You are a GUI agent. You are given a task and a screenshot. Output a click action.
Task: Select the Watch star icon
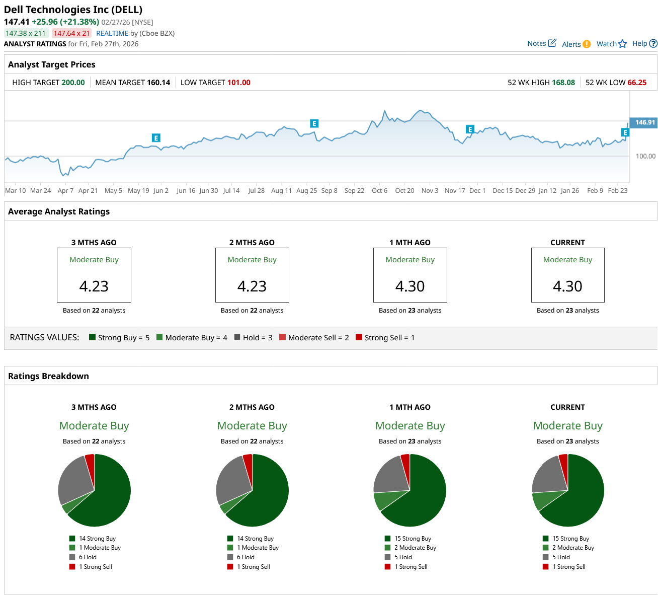(623, 44)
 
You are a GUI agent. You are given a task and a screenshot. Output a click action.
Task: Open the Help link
(639, 43)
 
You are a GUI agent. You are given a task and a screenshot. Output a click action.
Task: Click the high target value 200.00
(73, 83)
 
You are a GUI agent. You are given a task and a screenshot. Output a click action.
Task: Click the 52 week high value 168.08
(563, 83)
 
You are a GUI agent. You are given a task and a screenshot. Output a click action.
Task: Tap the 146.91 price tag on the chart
(644, 122)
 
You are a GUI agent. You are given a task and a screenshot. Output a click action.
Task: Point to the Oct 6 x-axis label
(379, 191)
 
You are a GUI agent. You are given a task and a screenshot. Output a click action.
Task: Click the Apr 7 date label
(65, 191)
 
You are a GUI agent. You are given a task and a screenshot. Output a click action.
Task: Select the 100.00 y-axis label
(645, 156)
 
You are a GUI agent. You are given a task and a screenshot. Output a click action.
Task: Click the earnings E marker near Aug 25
(314, 123)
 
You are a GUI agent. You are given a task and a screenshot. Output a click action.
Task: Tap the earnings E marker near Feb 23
(625, 132)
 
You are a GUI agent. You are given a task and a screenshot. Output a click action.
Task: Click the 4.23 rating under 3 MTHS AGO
(94, 286)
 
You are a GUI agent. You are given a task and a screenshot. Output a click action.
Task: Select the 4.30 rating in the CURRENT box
(567, 286)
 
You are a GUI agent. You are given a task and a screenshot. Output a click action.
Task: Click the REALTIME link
(112, 33)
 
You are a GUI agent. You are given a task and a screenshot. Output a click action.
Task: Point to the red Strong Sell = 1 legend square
(359, 337)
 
